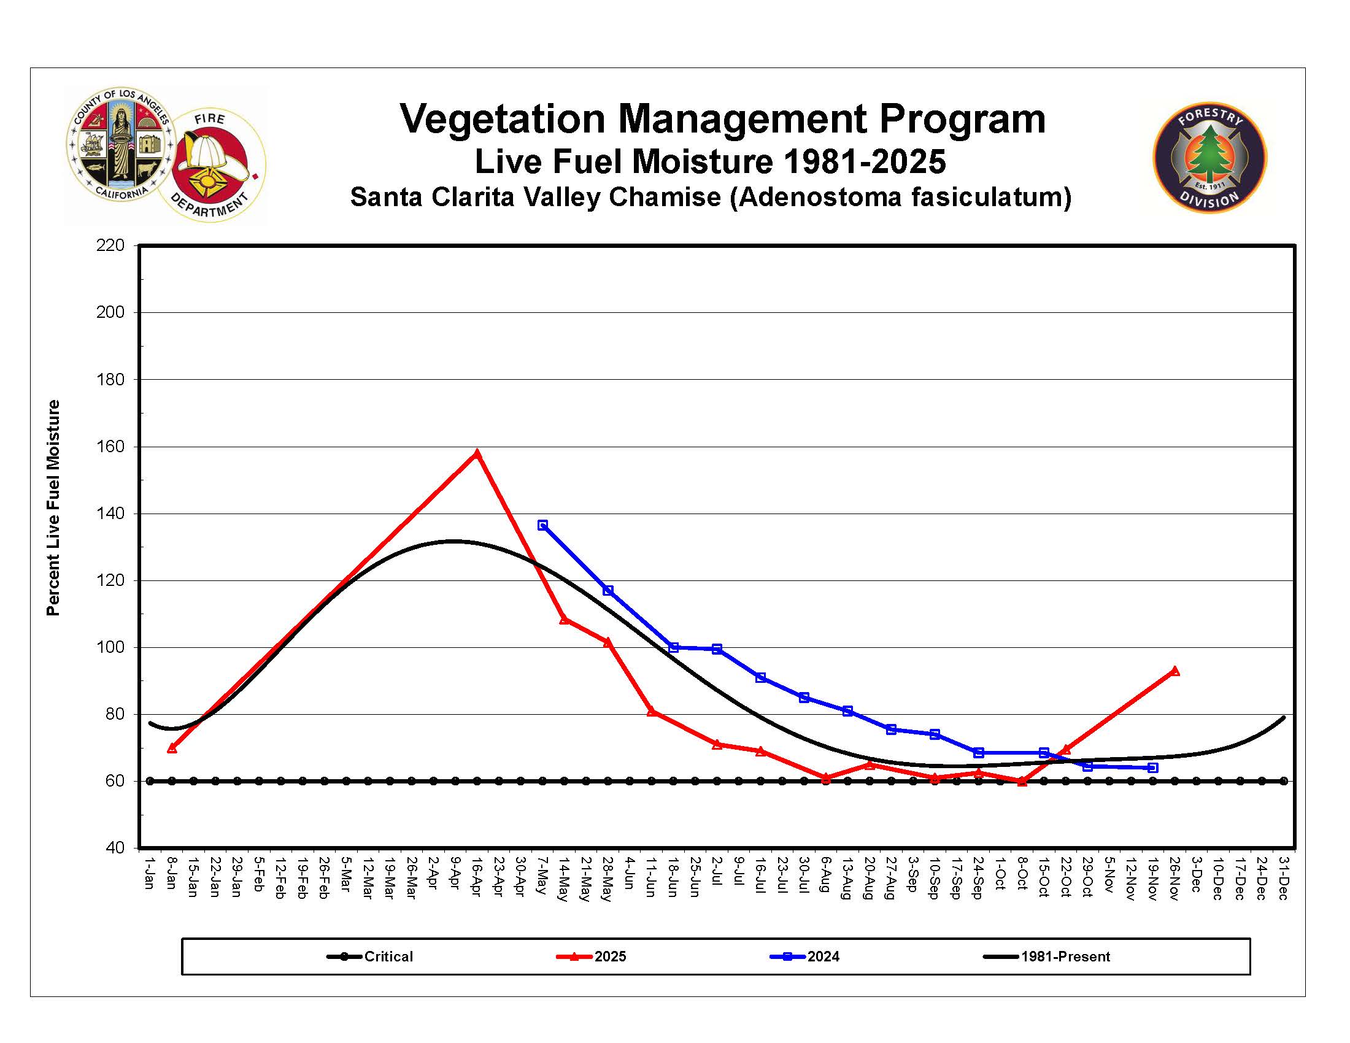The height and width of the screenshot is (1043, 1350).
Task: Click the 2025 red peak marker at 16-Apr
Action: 477,454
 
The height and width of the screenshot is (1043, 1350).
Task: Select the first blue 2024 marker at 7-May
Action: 542,525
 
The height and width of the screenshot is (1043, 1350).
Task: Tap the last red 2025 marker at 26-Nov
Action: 1175,671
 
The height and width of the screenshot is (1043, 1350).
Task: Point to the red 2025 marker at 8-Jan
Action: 172,749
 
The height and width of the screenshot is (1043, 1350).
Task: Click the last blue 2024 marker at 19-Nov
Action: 1153,768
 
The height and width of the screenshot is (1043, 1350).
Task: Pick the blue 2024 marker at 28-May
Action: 608,591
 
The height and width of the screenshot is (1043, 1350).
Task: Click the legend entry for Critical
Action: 371,956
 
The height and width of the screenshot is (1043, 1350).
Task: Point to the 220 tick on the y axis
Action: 110,246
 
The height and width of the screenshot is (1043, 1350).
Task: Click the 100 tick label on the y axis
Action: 110,647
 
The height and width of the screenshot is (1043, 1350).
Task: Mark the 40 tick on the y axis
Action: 115,848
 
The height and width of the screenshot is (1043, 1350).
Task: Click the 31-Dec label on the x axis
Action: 1284,877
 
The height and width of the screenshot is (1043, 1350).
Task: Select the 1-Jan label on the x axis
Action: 150,872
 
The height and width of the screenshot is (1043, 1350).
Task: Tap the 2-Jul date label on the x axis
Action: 717,871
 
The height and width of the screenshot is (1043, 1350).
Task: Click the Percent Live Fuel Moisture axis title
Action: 53,508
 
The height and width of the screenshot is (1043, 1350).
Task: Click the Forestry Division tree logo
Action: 1209,158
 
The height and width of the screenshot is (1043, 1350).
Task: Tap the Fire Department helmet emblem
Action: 212,166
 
